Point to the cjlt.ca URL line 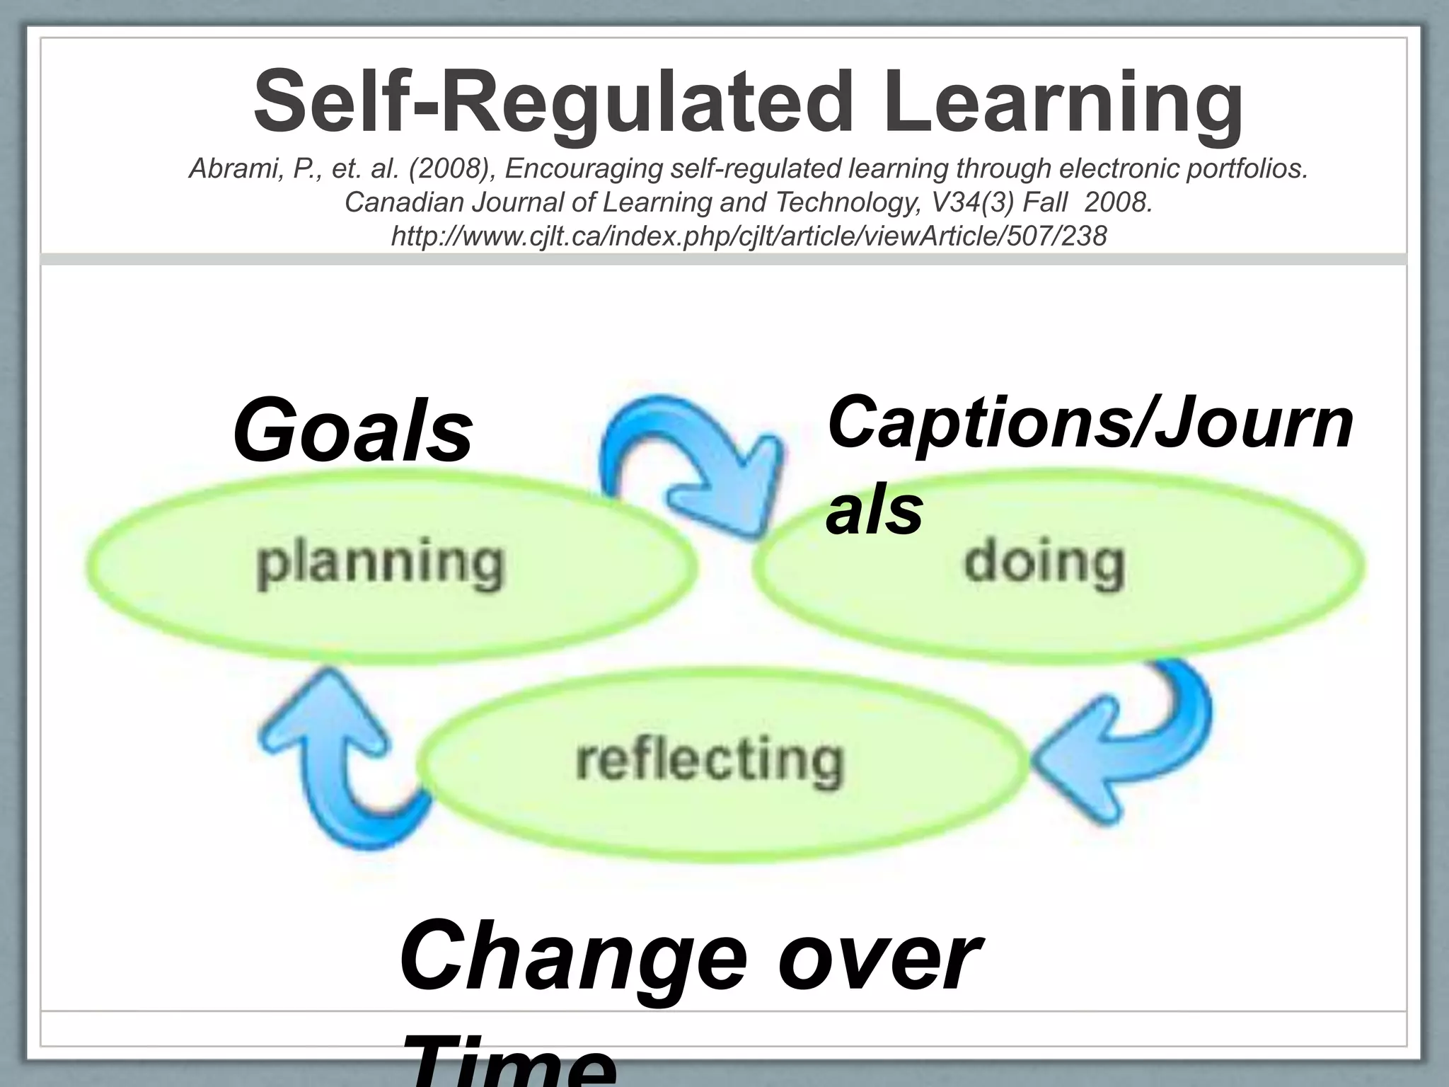749,236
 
